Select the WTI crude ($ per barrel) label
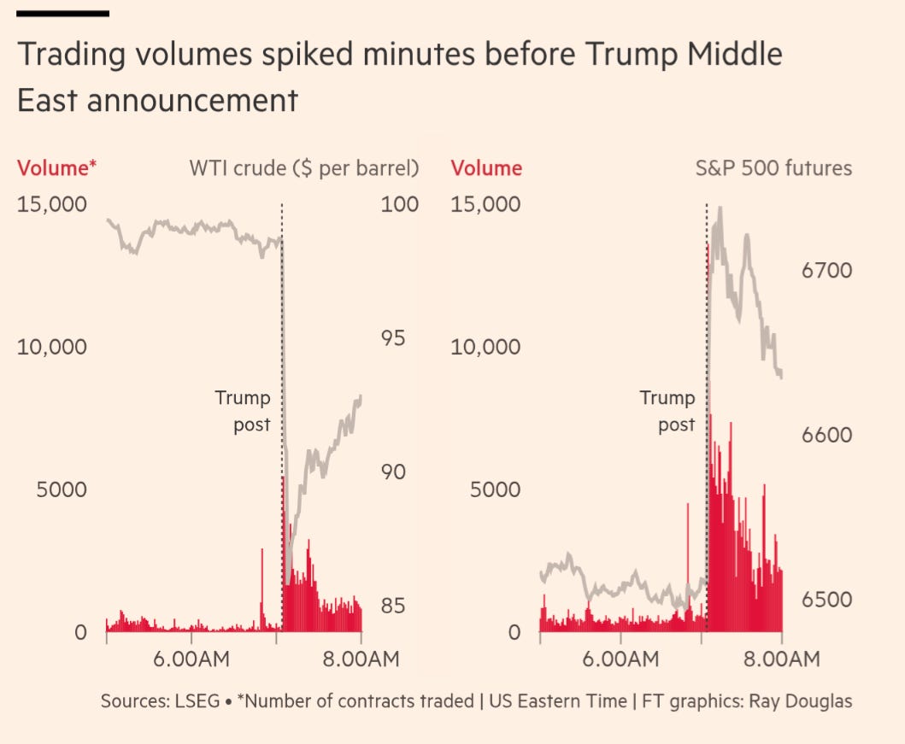(x=303, y=168)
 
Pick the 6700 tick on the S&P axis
(x=826, y=271)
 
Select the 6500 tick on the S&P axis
(x=826, y=600)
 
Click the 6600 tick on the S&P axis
(x=826, y=435)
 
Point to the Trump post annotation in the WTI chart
(x=243, y=411)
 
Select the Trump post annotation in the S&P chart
(x=667, y=411)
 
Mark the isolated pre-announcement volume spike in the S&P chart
(x=687, y=555)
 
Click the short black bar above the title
(x=63, y=14)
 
